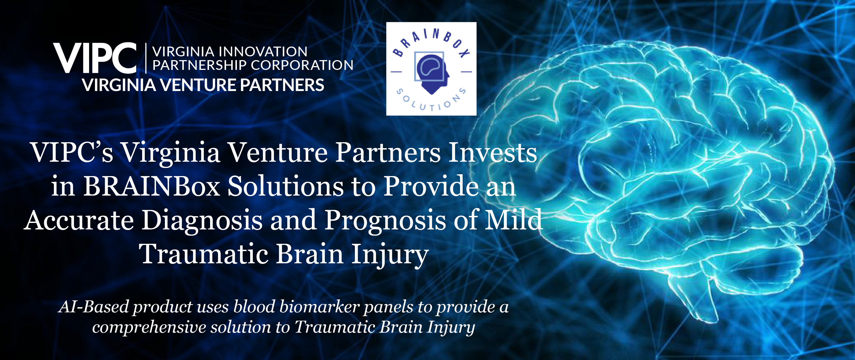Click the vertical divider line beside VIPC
pyautogui.click(x=146, y=58)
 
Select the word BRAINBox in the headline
pyautogui.click(x=152, y=186)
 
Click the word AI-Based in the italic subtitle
pyautogui.click(x=94, y=307)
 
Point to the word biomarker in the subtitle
pyautogui.click(x=319, y=307)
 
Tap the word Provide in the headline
pyautogui.click(x=431, y=186)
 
